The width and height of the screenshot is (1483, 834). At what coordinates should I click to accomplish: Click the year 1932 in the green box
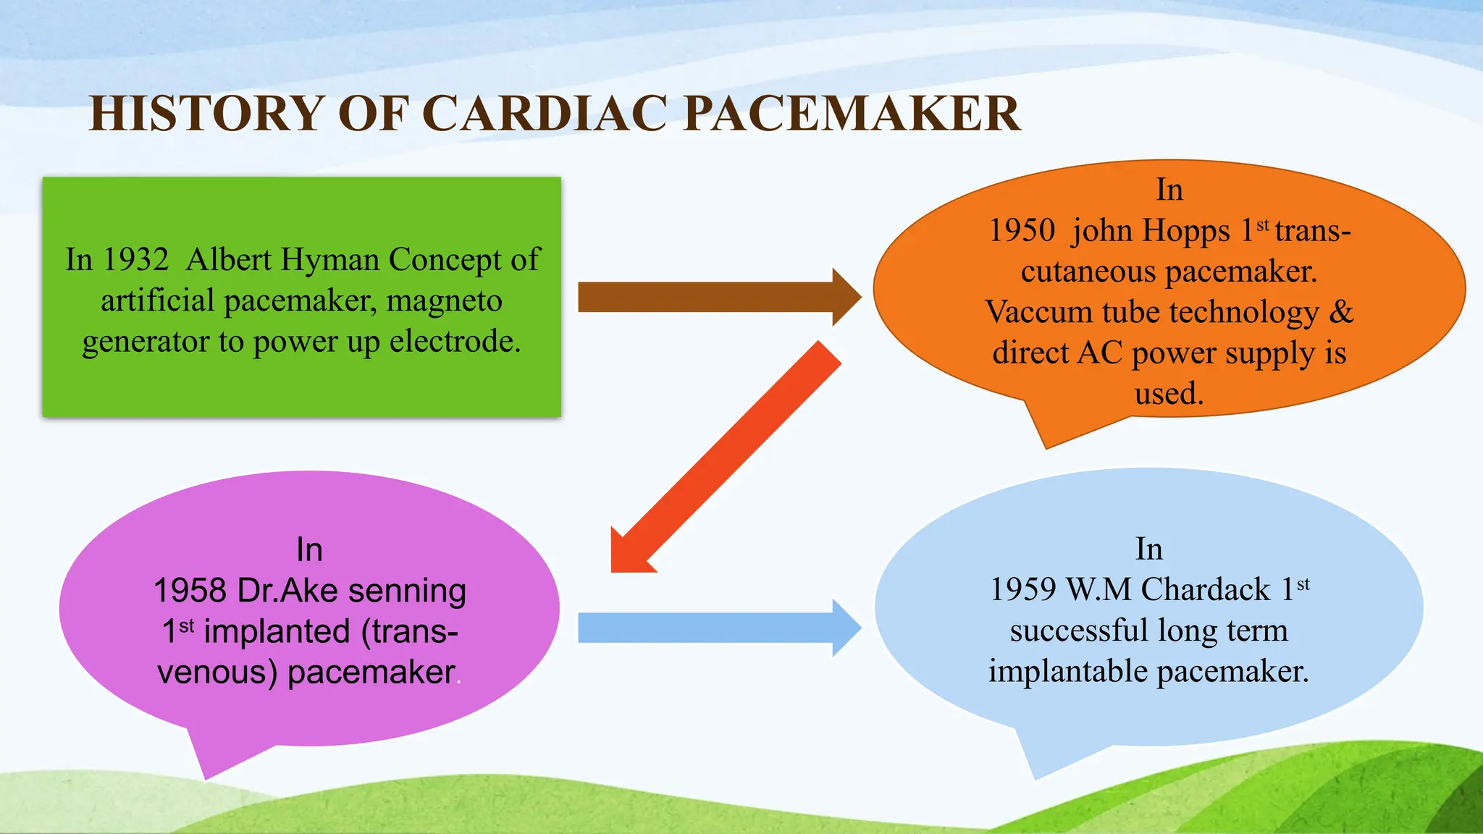pyautogui.click(x=135, y=260)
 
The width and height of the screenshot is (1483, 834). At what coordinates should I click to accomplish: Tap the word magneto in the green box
pyautogui.click(x=444, y=300)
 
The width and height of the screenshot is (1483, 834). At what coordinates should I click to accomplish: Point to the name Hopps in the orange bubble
pyautogui.click(x=1187, y=231)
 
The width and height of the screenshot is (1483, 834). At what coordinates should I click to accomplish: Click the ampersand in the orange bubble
pyautogui.click(x=1341, y=312)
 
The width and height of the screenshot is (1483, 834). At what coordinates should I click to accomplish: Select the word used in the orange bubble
pyautogui.click(x=1168, y=394)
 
